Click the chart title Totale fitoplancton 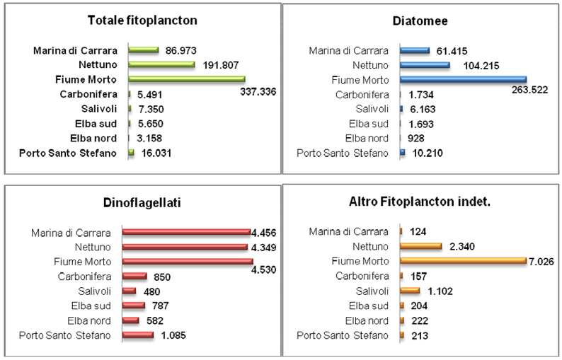142,21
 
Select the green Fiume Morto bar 186,79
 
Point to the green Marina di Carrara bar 144,50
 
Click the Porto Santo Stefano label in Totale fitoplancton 67,152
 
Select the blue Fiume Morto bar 463,79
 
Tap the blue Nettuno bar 425,65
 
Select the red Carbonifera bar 134,276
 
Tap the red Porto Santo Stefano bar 137,335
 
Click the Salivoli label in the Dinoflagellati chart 94,291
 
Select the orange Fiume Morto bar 463,261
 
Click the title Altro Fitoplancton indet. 420,203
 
